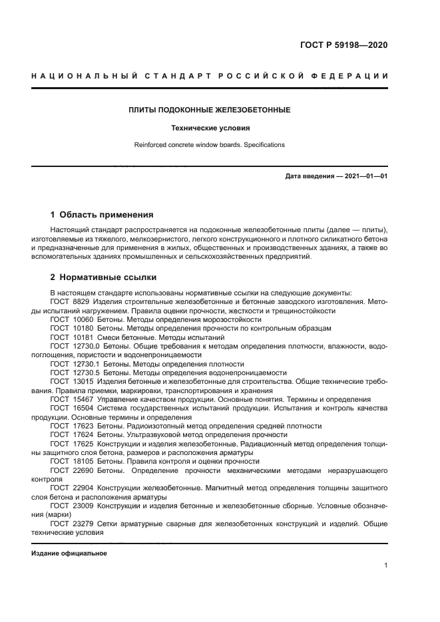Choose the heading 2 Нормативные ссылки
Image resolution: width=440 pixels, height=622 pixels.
click(103, 277)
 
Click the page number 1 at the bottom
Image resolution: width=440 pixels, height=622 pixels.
click(385, 565)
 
